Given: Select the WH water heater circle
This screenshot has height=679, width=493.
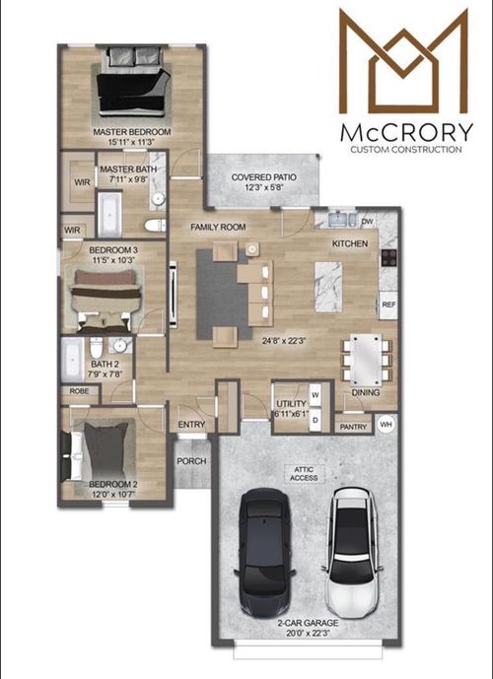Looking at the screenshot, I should pos(387,426).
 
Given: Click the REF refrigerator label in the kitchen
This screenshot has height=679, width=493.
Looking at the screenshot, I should pos(388,306).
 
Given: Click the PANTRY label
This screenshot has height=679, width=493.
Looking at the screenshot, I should pos(352,427).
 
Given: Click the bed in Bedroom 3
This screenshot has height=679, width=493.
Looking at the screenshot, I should pos(106,294).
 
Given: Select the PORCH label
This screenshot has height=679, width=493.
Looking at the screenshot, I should pos(191,460).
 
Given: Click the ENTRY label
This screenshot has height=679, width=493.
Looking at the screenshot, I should pos(190,425).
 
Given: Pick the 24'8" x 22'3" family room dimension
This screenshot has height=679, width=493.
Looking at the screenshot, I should pos(278,341).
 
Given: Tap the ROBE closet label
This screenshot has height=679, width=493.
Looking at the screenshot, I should pos(78,390).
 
